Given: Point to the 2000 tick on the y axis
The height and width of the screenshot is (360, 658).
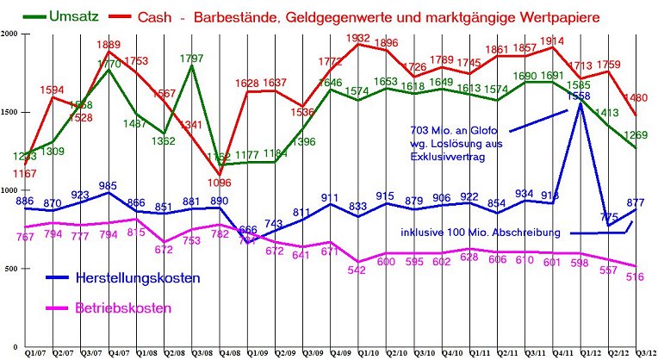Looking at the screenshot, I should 9,33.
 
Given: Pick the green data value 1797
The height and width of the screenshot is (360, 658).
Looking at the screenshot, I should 190,59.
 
